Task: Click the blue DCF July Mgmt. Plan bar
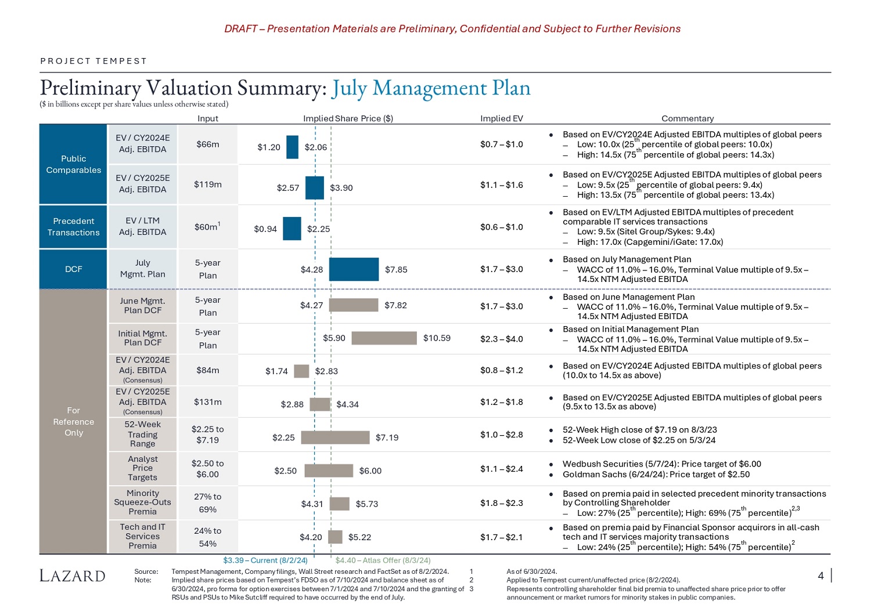(354, 269)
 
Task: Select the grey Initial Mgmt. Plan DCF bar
(384, 338)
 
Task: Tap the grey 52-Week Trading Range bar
(335, 437)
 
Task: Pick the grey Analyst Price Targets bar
(329, 471)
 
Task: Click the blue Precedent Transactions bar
(291, 229)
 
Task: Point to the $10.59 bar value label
(437, 338)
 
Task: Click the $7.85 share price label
(396, 269)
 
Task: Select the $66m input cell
(207, 144)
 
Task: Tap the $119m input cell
(207, 184)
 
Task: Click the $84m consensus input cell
(207, 370)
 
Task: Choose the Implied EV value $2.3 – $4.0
(501, 338)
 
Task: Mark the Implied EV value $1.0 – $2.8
(501, 435)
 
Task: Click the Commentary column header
(688, 118)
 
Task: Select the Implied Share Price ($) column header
(348, 118)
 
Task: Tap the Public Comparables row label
(73, 164)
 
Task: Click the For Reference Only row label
(73, 421)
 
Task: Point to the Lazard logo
(73, 576)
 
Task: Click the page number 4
(820, 576)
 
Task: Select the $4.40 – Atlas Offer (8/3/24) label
(383, 560)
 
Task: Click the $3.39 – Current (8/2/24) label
(265, 560)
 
